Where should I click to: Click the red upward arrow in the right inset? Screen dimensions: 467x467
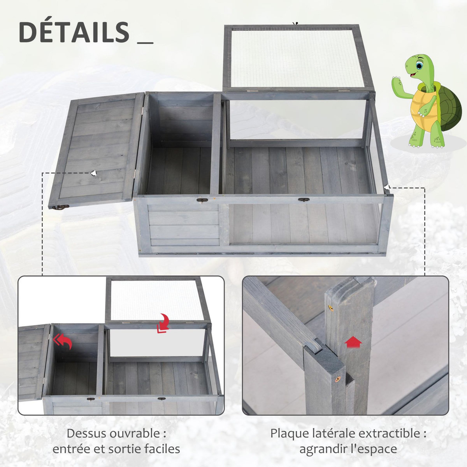353,343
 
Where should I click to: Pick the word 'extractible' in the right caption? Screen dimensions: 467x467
389,433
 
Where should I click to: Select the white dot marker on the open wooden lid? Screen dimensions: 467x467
93,173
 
